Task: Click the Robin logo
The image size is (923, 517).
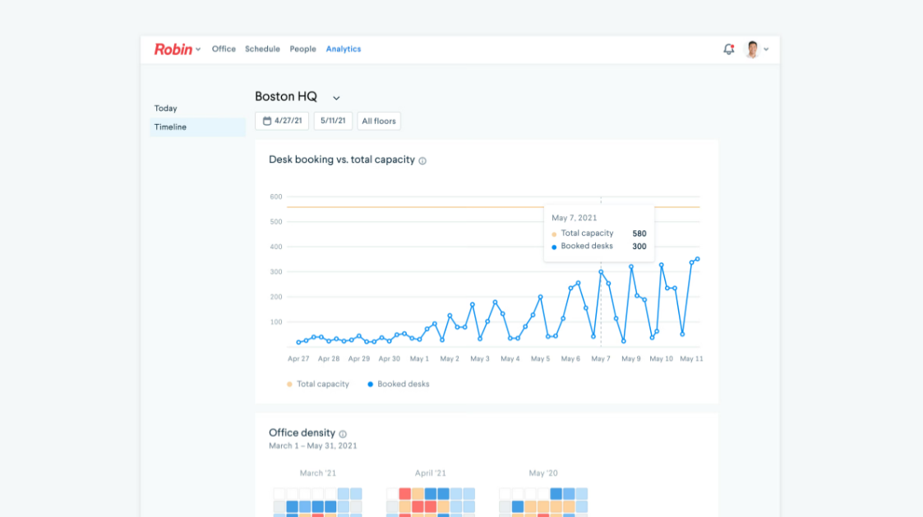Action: click(x=173, y=49)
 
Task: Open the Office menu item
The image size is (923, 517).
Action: click(x=224, y=49)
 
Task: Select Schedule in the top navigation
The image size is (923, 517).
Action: click(x=262, y=49)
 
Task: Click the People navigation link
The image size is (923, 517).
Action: click(x=302, y=49)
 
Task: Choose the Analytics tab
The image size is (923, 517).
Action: click(x=344, y=49)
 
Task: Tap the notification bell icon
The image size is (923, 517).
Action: click(x=728, y=49)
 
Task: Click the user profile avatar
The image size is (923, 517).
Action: click(x=751, y=49)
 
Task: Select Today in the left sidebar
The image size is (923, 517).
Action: click(x=165, y=108)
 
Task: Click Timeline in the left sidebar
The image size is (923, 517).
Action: click(x=170, y=127)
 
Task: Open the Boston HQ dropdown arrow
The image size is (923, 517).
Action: click(x=336, y=99)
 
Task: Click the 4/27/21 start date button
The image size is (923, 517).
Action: click(x=282, y=121)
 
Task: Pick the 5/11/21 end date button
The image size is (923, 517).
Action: click(x=333, y=121)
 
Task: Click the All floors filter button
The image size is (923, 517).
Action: click(x=379, y=121)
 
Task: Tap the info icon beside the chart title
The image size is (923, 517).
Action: click(x=422, y=161)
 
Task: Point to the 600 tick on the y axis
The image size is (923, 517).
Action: click(x=275, y=197)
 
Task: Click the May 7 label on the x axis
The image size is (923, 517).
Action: click(x=601, y=359)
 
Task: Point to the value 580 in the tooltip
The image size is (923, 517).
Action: click(x=639, y=233)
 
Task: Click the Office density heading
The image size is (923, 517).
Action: click(x=302, y=433)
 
